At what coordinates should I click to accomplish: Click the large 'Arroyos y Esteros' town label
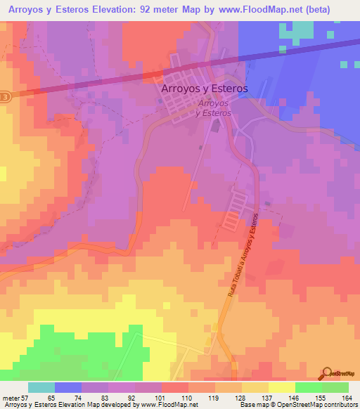click(x=205, y=89)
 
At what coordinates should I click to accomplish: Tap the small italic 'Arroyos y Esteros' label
click(x=214, y=108)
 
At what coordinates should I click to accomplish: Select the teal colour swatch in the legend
click(x=41, y=387)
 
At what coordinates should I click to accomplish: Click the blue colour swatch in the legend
click(x=68, y=387)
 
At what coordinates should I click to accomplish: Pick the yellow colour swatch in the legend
click(x=282, y=387)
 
